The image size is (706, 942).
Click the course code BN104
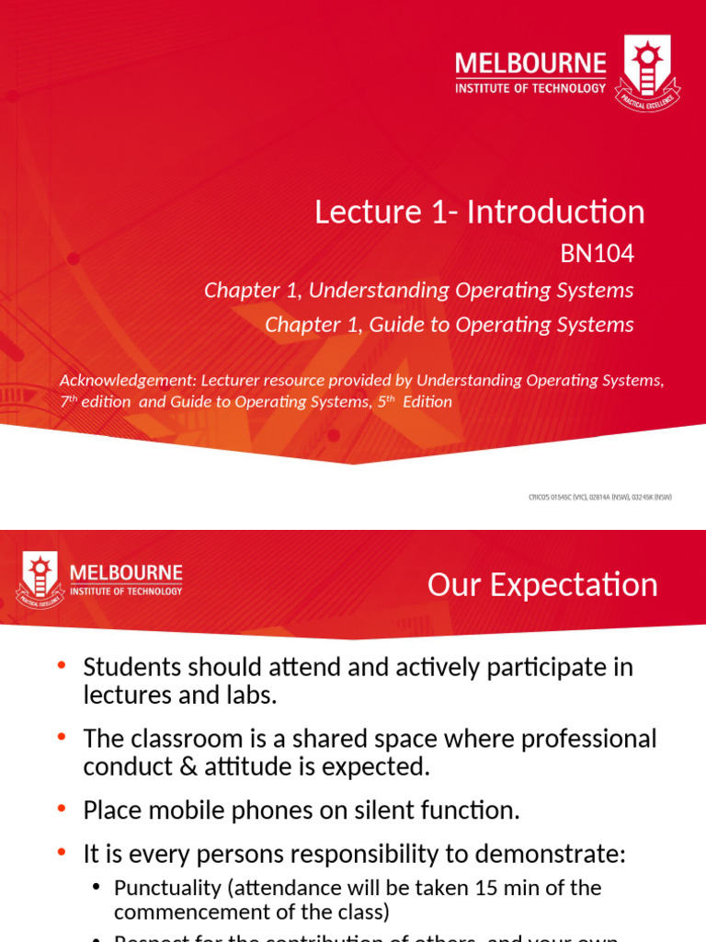click(x=598, y=254)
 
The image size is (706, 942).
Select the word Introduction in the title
click(x=555, y=212)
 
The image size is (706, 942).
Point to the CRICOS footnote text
click(x=600, y=498)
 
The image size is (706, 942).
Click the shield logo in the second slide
click(x=39, y=580)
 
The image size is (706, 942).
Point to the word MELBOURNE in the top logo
click(x=530, y=64)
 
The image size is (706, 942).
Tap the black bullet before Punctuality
click(x=97, y=888)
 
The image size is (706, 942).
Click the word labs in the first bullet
click(x=248, y=695)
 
